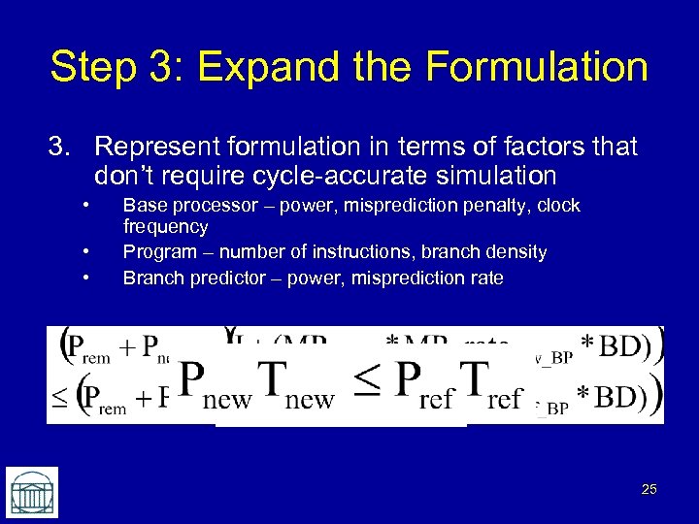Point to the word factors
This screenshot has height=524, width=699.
tap(534, 147)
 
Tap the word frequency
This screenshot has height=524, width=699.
tap(165, 227)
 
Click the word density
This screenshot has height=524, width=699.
tap(512, 252)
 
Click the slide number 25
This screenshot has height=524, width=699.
tap(649, 490)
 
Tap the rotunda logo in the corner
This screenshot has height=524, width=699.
tap(32, 492)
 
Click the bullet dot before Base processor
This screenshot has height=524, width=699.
tap(86, 206)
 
